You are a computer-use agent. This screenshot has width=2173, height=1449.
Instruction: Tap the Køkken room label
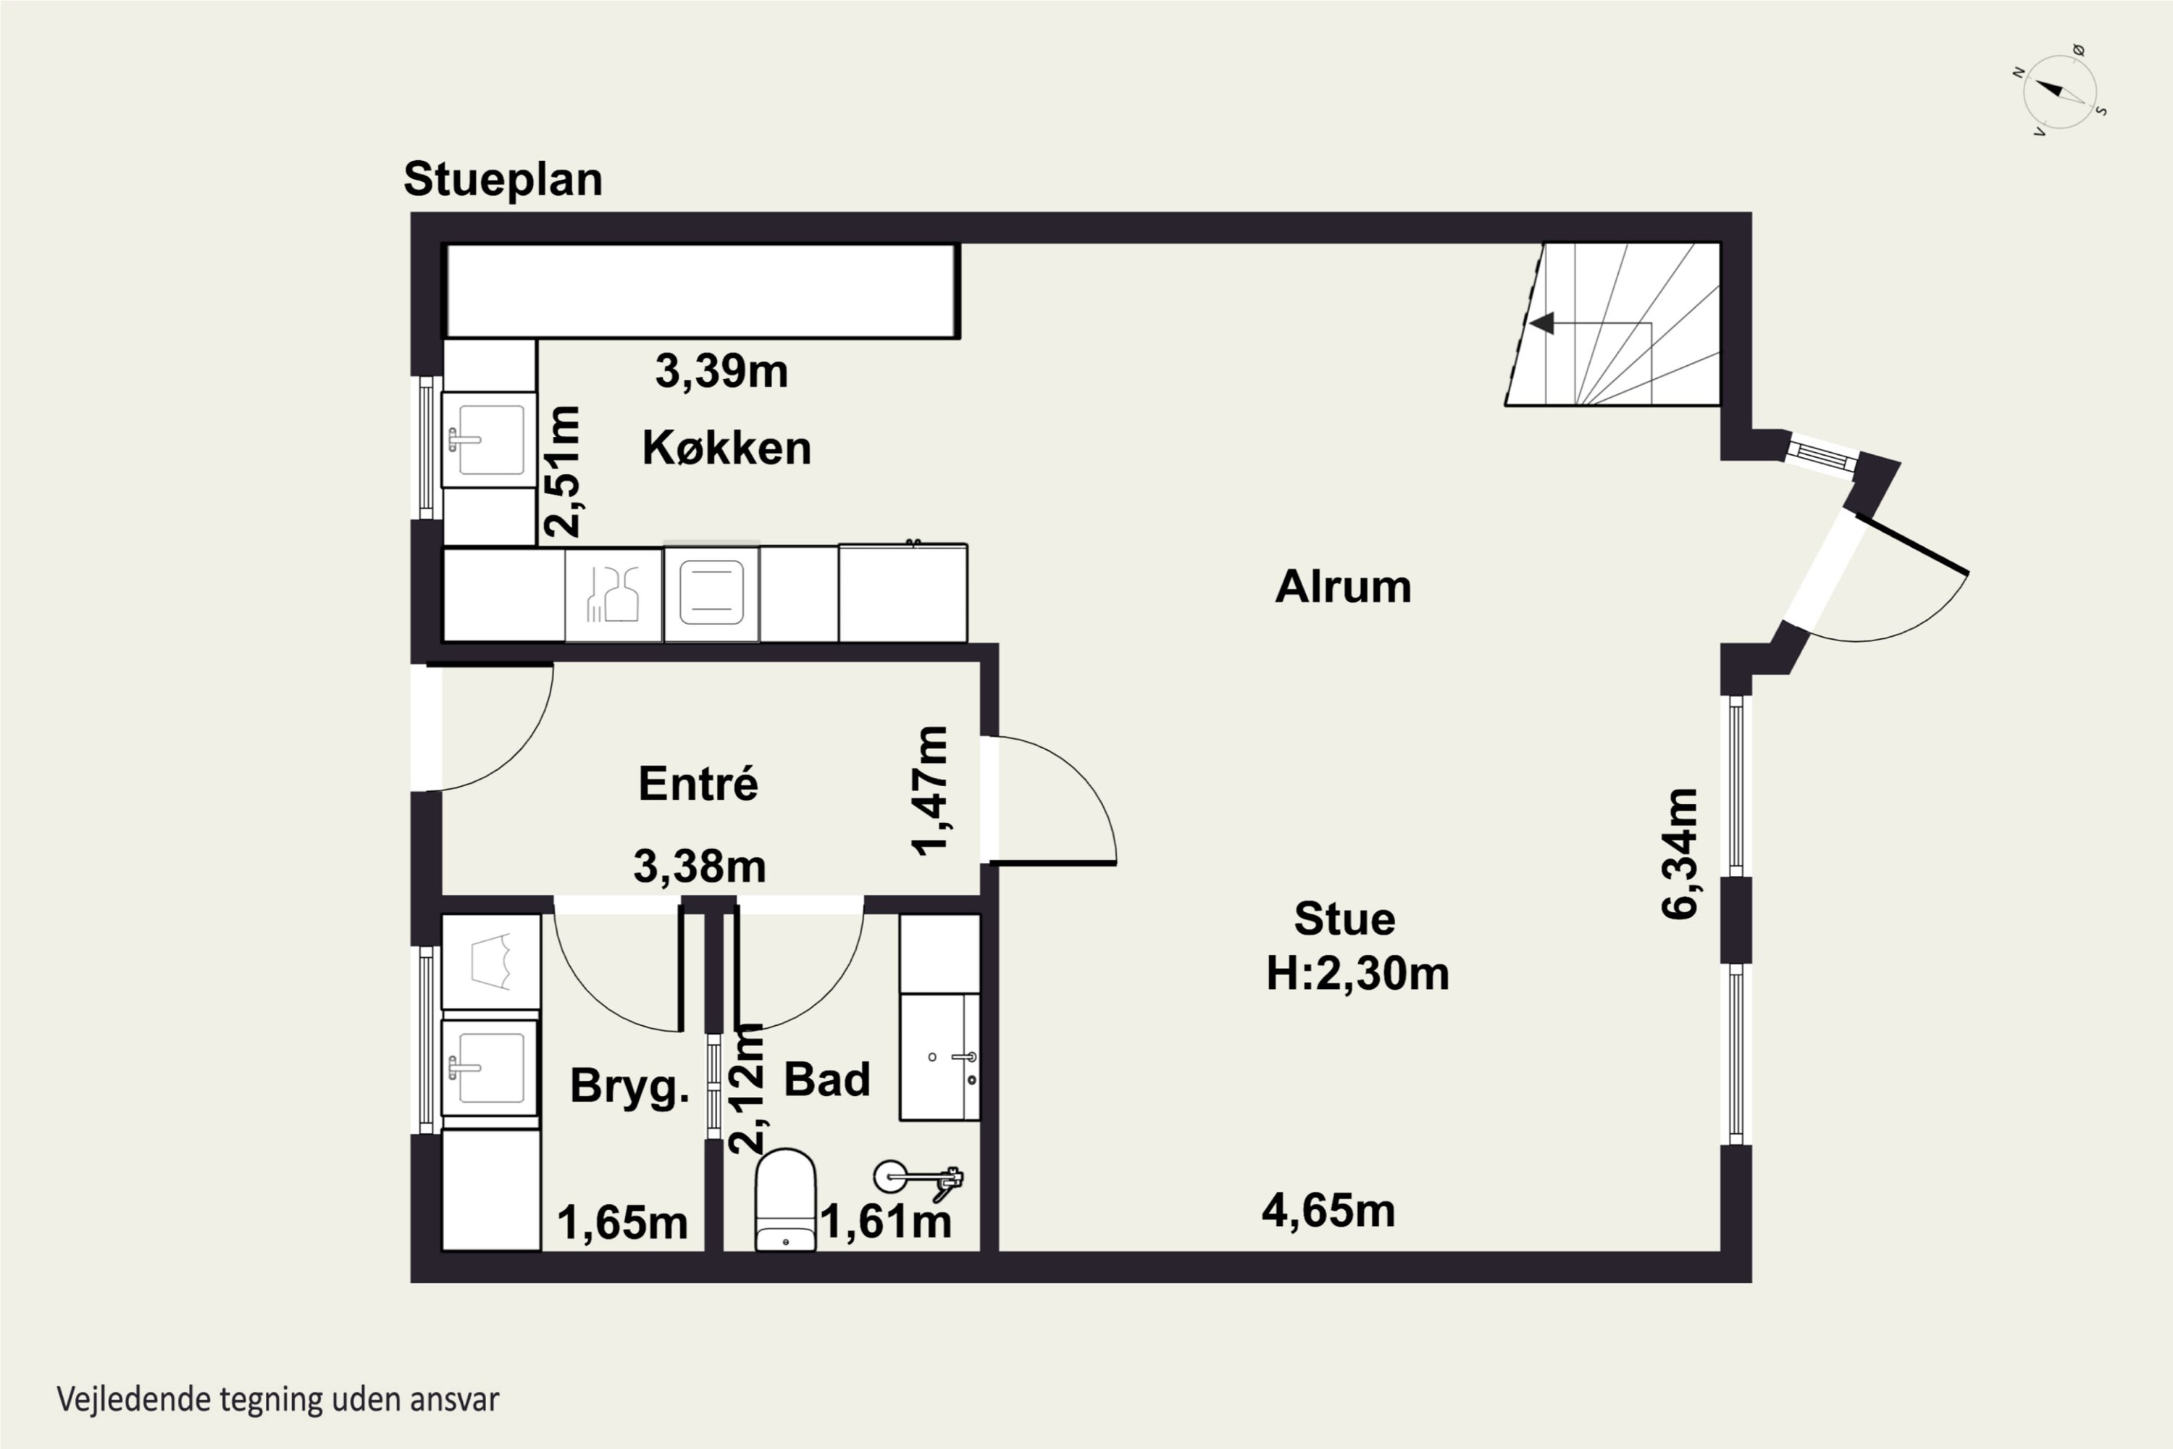(727, 448)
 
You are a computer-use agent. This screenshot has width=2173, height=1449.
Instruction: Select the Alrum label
(1344, 587)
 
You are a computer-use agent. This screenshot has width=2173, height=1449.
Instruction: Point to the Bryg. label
(630, 1086)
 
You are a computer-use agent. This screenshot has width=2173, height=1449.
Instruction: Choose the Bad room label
(827, 1080)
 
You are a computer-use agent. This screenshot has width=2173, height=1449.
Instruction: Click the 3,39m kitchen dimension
(721, 372)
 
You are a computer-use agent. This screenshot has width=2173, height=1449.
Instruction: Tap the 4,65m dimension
(1328, 1211)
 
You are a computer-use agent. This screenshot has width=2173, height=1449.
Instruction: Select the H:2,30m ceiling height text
(1357, 973)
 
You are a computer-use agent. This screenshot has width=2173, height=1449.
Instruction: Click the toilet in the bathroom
(785, 1200)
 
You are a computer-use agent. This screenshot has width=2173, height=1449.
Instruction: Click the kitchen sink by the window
(489, 440)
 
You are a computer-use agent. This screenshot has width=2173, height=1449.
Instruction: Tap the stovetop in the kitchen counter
(711, 593)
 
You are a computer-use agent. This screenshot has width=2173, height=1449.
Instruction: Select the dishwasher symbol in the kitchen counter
(614, 594)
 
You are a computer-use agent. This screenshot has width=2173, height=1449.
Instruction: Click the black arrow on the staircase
(1542, 323)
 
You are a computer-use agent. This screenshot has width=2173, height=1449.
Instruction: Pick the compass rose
(2059, 91)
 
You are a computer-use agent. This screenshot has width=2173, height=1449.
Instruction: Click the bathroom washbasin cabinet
(939, 1057)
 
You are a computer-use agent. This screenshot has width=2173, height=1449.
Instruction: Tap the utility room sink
(490, 1067)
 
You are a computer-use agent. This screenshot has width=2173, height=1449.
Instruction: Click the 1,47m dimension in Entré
(929, 791)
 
